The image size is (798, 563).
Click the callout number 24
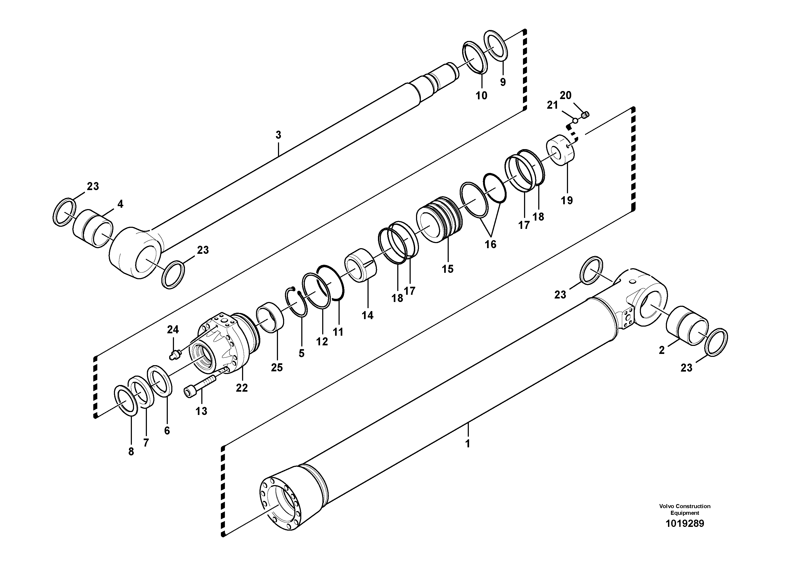pos(173,329)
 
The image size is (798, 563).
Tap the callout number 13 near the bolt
pos(201,411)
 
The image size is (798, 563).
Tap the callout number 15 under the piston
pos(448,269)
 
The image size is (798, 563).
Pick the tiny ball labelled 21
pos(575,121)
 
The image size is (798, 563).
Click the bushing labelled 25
pos(270,318)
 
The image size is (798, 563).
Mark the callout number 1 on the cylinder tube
pos(467,444)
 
